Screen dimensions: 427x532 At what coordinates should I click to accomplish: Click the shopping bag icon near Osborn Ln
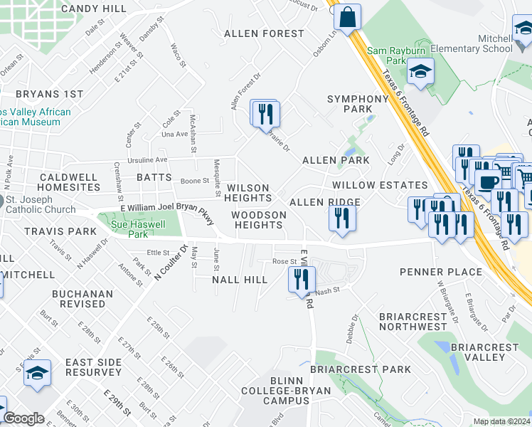pyautogui.click(x=348, y=17)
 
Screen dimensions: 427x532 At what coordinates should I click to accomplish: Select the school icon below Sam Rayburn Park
pyautogui.click(x=421, y=72)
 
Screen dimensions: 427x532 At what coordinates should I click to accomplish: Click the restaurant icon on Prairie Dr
pyautogui.click(x=266, y=113)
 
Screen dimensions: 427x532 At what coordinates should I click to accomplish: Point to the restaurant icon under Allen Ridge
pyautogui.click(x=342, y=218)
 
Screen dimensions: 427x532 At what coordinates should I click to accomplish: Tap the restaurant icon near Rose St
pyautogui.click(x=302, y=278)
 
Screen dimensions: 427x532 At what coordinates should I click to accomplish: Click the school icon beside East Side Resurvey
pyautogui.click(x=37, y=372)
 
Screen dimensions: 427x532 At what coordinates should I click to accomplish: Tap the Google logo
pyautogui.click(x=23, y=418)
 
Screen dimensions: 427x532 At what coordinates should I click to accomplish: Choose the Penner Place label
pyautogui.click(x=441, y=272)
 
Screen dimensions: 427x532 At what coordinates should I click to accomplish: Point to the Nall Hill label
pyautogui.click(x=240, y=280)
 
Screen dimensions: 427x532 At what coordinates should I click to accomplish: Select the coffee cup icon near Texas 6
pyautogui.click(x=489, y=181)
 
